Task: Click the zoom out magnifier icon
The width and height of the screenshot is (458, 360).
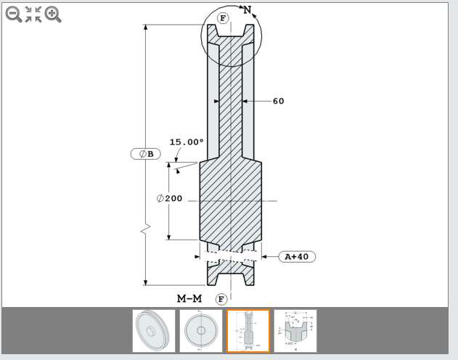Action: (x=14, y=14)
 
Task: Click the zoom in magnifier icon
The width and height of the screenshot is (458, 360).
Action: (x=53, y=14)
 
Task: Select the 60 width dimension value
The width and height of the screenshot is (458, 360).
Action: (x=279, y=101)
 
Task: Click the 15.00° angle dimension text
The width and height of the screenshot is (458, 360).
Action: (x=187, y=142)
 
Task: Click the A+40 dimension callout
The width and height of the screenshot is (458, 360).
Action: (x=297, y=256)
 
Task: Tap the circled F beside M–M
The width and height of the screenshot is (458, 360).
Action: (x=221, y=299)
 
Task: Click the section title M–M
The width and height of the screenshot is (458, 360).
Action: (x=189, y=299)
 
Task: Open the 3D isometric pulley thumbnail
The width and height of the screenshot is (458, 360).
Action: (x=154, y=331)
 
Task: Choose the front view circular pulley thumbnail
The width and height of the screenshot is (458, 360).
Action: (x=201, y=331)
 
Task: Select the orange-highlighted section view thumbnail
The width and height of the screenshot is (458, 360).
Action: (x=248, y=331)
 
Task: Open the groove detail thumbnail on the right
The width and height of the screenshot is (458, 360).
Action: (x=295, y=331)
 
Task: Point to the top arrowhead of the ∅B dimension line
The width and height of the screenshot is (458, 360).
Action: (x=145, y=28)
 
